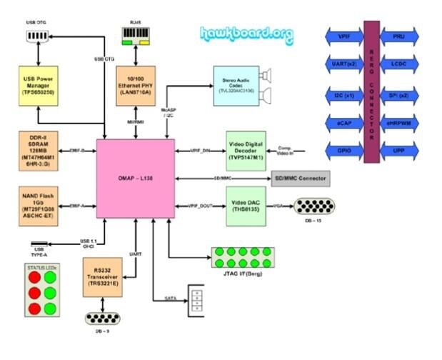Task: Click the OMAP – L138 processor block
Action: [136, 178]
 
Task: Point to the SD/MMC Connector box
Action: [301, 178]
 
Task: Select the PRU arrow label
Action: [401, 35]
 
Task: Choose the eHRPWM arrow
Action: [401, 122]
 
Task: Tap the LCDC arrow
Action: [401, 64]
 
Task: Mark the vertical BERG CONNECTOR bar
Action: [371, 92]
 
